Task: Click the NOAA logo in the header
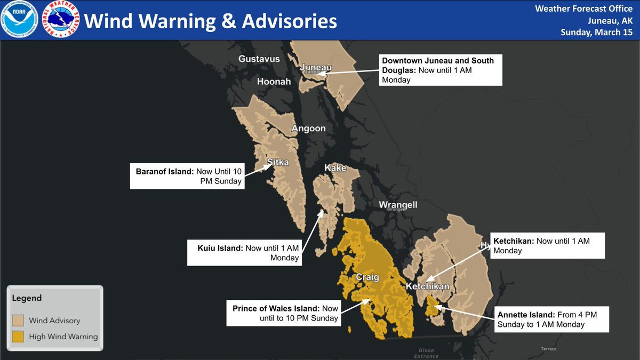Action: coord(20,19)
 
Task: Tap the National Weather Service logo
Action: coord(61,20)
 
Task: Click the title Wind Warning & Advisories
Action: coord(211,21)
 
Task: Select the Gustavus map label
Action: coord(259,59)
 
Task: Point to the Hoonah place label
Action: coord(274,82)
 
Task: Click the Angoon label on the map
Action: coord(308,129)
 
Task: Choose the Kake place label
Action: coord(335,169)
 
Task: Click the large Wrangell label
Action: coord(398,205)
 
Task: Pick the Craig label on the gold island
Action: coord(367,277)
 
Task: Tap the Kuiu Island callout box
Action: coord(245,252)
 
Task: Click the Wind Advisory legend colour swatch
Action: coord(19,321)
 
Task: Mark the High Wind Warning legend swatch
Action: coord(19,337)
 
